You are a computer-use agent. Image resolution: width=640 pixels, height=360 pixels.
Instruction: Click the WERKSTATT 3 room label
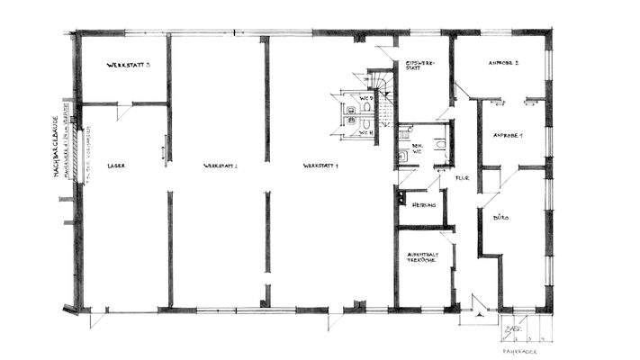click(127, 66)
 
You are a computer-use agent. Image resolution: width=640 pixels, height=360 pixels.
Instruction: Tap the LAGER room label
click(114, 166)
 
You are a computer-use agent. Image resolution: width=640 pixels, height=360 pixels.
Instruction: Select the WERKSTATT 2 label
click(220, 166)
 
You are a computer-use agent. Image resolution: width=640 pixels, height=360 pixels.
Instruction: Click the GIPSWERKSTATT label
click(420, 65)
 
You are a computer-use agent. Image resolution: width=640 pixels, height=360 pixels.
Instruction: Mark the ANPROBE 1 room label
click(509, 135)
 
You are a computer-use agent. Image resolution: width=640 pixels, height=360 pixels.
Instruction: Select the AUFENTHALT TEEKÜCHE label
click(421, 256)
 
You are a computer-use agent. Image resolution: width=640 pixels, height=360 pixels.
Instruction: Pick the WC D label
click(366, 96)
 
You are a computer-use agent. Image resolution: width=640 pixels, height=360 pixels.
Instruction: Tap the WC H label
click(365, 133)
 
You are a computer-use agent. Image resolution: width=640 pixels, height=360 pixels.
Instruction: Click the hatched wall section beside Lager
click(79, 153)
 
